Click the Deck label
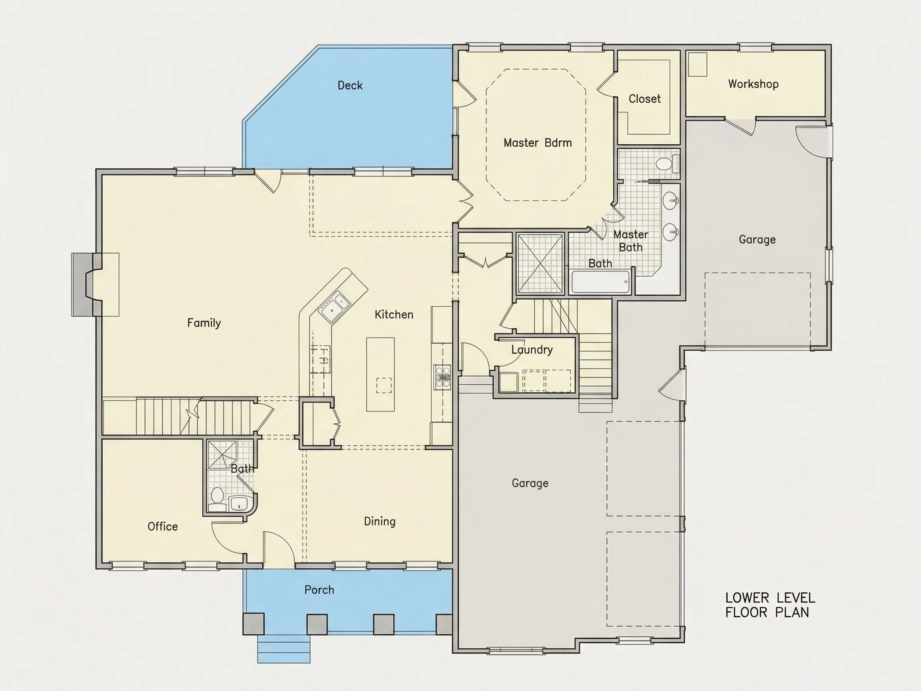350,86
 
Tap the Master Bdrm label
538,143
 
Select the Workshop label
753,84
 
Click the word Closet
644,99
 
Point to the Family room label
204,323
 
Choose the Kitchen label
394,314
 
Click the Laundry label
532,350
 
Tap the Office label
162,527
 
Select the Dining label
380,521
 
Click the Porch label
319,590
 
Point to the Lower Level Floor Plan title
770,605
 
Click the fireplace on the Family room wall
95,284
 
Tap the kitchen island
380,374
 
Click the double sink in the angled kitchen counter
334,307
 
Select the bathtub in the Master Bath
600,282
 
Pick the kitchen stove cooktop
442,377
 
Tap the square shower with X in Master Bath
540,264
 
